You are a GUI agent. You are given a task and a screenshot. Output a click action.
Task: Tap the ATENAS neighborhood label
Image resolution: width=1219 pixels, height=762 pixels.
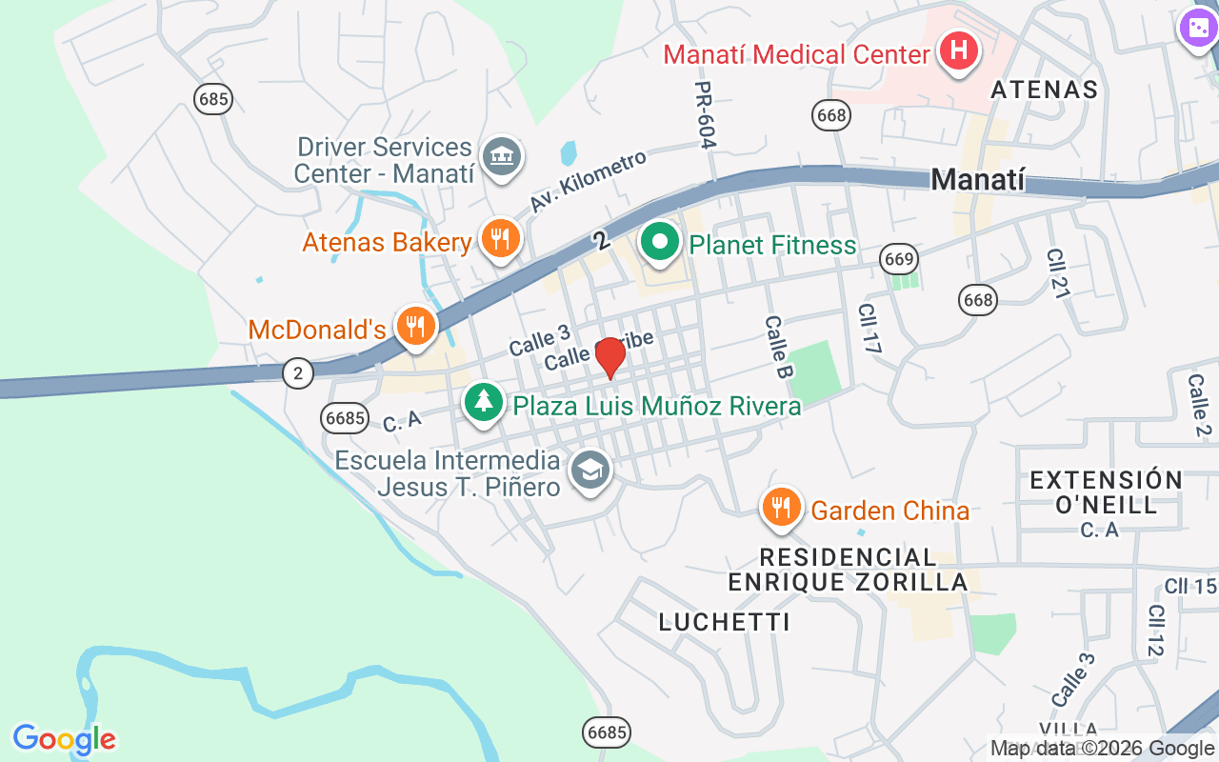[x=1044, y=90]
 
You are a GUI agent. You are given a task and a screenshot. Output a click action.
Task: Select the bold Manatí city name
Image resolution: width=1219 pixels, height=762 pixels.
[x=978, y=179]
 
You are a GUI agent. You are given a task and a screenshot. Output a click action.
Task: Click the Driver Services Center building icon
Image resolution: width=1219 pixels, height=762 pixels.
[x=501, y=155]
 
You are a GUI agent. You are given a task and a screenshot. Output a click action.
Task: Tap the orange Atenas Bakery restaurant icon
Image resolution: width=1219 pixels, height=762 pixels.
[x=499, y=238]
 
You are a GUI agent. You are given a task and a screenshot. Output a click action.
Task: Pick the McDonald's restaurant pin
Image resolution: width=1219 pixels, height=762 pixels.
[x=414, y=327]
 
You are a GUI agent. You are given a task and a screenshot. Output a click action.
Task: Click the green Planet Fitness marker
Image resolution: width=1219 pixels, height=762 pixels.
[x=659, y=242]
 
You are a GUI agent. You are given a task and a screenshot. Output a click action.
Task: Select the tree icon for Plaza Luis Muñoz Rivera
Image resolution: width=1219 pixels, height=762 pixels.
[x=484, y=401]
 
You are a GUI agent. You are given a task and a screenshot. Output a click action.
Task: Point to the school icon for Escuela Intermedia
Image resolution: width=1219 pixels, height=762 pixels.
[x=590, y=470]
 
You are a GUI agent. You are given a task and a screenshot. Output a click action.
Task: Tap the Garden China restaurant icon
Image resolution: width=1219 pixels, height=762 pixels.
[x=781, y=508]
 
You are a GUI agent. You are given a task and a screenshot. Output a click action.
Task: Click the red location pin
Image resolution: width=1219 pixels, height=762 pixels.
[x=609, y=358]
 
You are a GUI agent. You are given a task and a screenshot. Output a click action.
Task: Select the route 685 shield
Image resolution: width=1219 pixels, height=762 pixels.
[x=212, y=98]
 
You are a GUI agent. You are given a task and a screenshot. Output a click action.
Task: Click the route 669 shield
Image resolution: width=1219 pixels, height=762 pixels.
[x=898, y=258]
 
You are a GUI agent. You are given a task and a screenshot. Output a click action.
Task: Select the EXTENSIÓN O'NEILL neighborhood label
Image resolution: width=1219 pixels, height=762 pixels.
[x=1106, y=491]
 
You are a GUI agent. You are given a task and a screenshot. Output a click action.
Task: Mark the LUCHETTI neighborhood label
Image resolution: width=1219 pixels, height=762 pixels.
[x=724, y=622]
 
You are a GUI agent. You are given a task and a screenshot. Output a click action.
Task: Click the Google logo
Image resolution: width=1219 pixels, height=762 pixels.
[x=64, y=739]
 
